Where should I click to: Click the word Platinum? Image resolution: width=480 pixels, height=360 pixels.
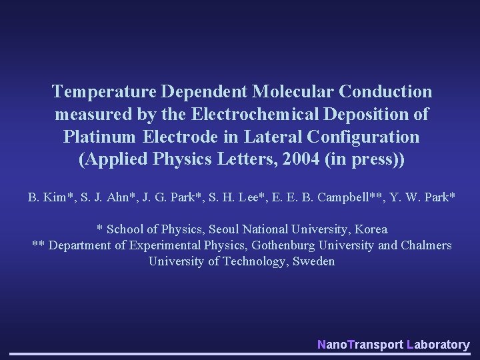[x=101, y=137]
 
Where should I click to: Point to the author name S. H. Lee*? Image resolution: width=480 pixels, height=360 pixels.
[x=233, y=197]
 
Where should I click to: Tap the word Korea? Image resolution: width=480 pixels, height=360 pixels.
[x=371, y=229]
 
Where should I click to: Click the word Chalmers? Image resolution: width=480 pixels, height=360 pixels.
[x=426, y=245]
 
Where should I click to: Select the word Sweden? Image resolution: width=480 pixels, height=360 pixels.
[x=313, y=261]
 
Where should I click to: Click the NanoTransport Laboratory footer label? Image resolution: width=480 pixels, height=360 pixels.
[x=393, y=345]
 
